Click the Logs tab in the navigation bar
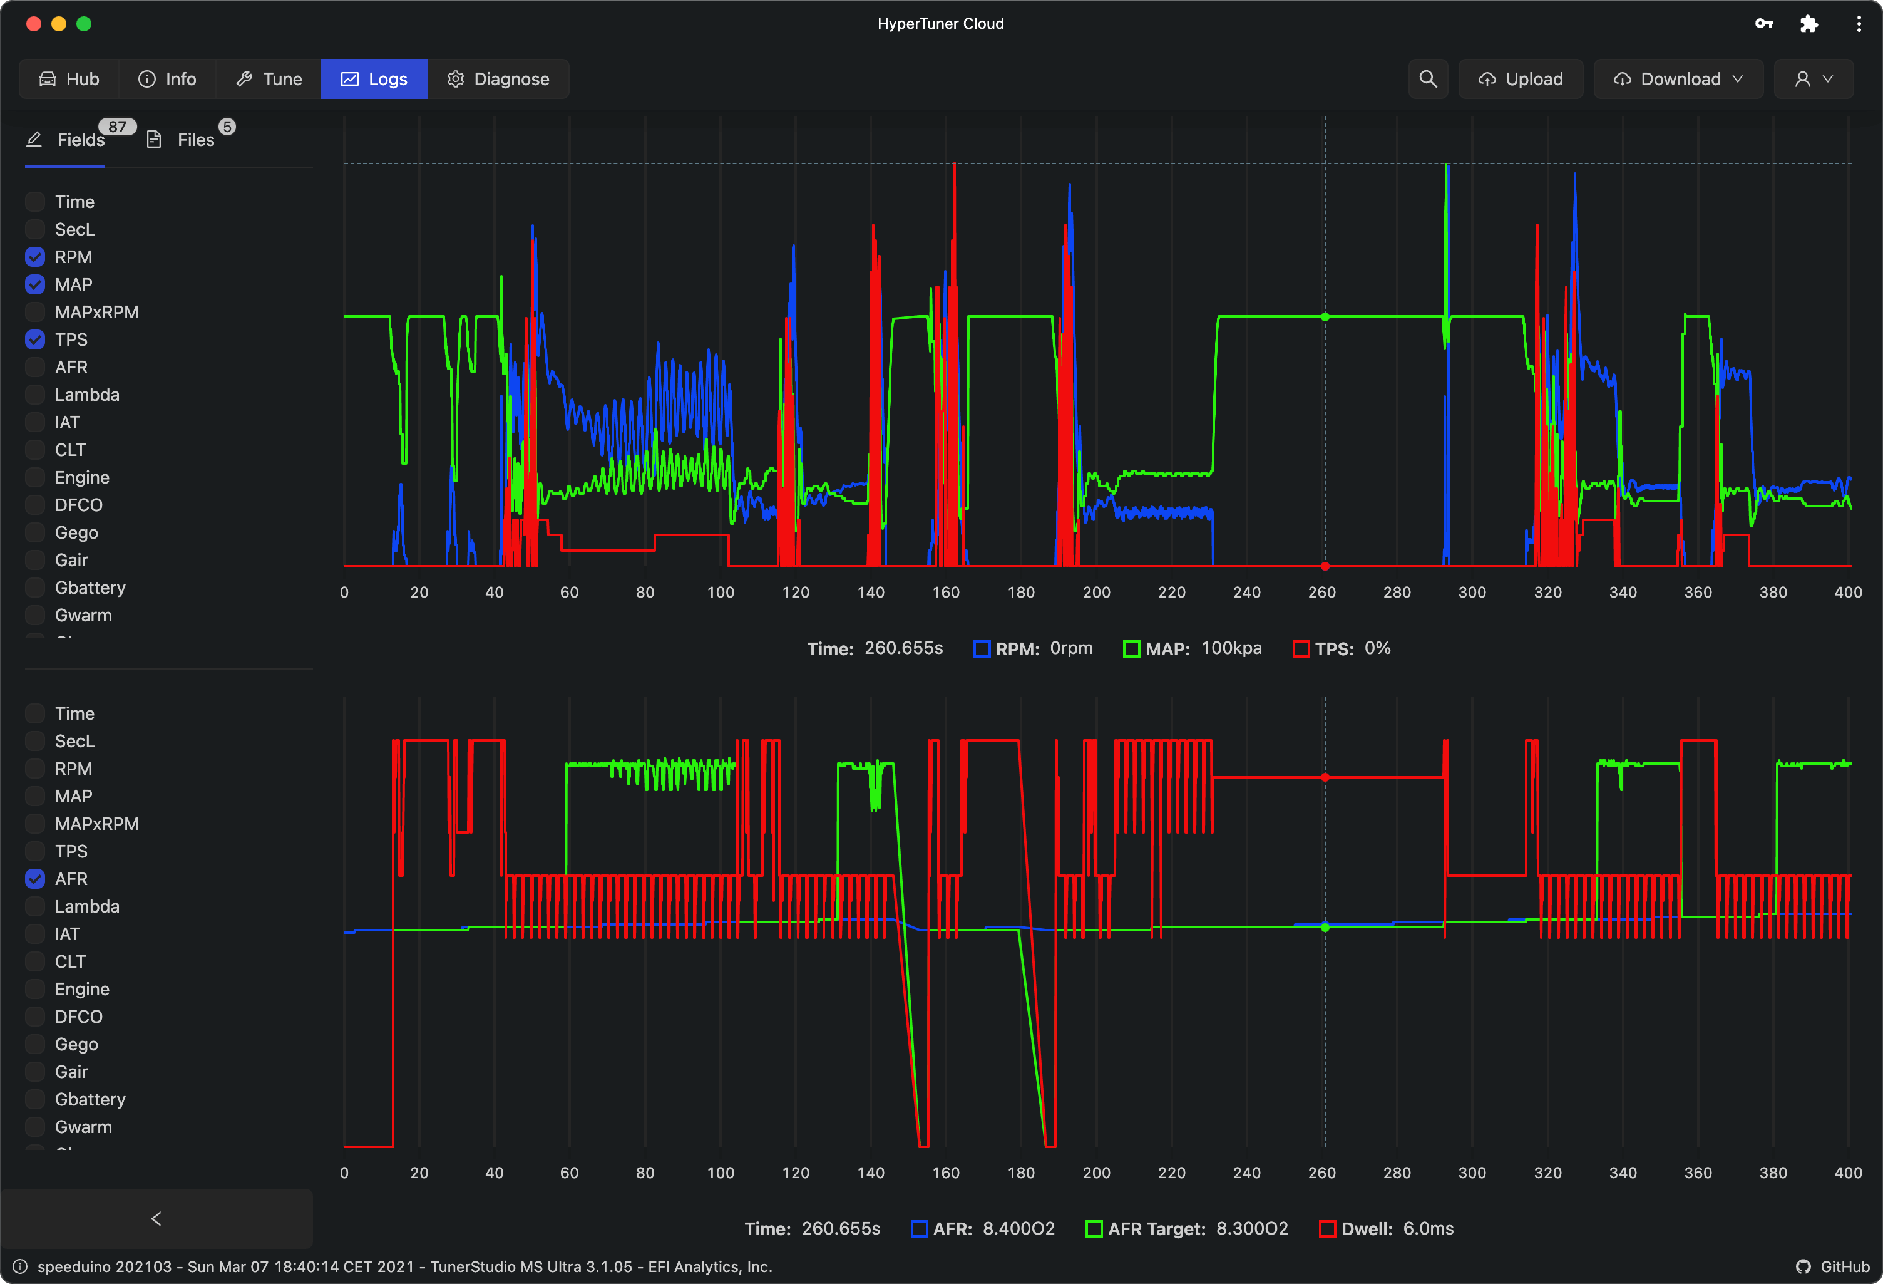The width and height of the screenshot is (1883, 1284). click(x=374, y=79)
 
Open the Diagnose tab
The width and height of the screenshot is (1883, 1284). click(x=498, y=79)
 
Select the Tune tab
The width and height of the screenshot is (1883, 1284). click(x=269, y=79)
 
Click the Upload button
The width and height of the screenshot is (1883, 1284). click(x=1521, y=79)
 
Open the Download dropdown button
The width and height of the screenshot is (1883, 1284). click(x=1678, y=79)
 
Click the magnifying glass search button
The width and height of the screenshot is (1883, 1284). click(x=1428, y=79)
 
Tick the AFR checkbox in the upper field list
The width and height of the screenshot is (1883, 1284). click(x=35, y=367)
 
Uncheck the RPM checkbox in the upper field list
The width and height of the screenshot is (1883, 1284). click(x=35, y=257)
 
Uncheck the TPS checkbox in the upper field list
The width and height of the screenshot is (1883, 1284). click(x=35, y=339)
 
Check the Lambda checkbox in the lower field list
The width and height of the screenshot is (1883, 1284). click(x=35, y=906)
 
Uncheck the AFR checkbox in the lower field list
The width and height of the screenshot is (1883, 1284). click(x=35, y=879)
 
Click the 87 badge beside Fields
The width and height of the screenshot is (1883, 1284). click(x=118, y=127)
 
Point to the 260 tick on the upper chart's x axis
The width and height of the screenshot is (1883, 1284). click(x=1321, y=593)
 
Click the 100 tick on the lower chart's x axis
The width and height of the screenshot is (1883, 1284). click(x=721, y=1173)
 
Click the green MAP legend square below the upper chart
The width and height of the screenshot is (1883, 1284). click(x=1132, y=648)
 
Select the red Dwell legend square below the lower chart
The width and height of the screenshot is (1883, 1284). click(x=1327, y=1229)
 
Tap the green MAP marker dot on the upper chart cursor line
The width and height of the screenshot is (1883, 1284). click(x=1326, y=317)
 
